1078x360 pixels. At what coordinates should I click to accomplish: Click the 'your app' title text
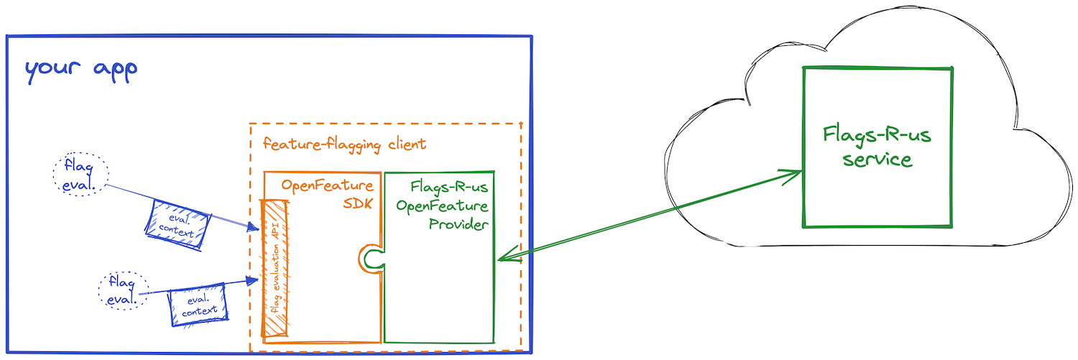pos(81,71)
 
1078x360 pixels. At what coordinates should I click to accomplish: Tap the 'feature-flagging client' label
pos(344,144)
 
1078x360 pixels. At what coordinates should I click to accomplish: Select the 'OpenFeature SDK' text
pos(327,194)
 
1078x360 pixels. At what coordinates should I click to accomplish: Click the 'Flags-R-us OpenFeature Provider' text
pos(442,206)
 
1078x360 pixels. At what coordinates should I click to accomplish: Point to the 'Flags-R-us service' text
pos(877,147)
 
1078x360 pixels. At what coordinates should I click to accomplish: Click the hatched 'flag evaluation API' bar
pos(275,269)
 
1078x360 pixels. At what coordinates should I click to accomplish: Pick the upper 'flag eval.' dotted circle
pos(80,174)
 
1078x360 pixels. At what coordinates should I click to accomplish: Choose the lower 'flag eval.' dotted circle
pos(124,290)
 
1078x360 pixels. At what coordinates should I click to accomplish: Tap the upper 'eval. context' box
pos(178,225)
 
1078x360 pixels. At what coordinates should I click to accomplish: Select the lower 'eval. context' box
pos(198,305)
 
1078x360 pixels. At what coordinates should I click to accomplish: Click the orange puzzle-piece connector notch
pos(371,259)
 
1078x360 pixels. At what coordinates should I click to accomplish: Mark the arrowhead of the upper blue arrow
pos(254,226)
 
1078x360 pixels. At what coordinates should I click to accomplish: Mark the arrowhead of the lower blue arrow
pos(252,280)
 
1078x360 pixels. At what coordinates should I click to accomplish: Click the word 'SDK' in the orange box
pos(358,203)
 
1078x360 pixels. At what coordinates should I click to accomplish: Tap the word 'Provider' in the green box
pos(459,224)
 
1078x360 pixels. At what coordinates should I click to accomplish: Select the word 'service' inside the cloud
pos(877,160)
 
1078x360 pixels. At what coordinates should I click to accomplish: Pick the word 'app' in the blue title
pos(116,71)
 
